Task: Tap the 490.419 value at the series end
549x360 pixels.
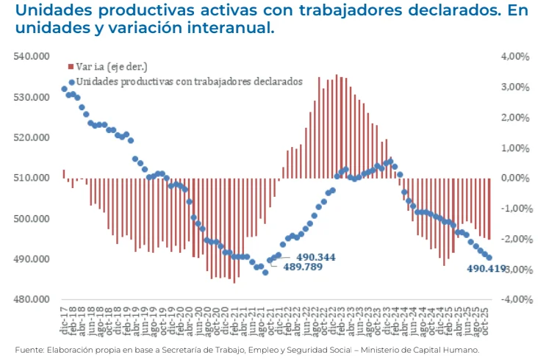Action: tap(487, 269)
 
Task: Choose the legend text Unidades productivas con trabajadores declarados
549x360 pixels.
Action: tap(189, 82)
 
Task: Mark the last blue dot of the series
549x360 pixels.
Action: tap(489, 258)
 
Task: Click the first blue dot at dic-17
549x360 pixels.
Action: tap(64, 89)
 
